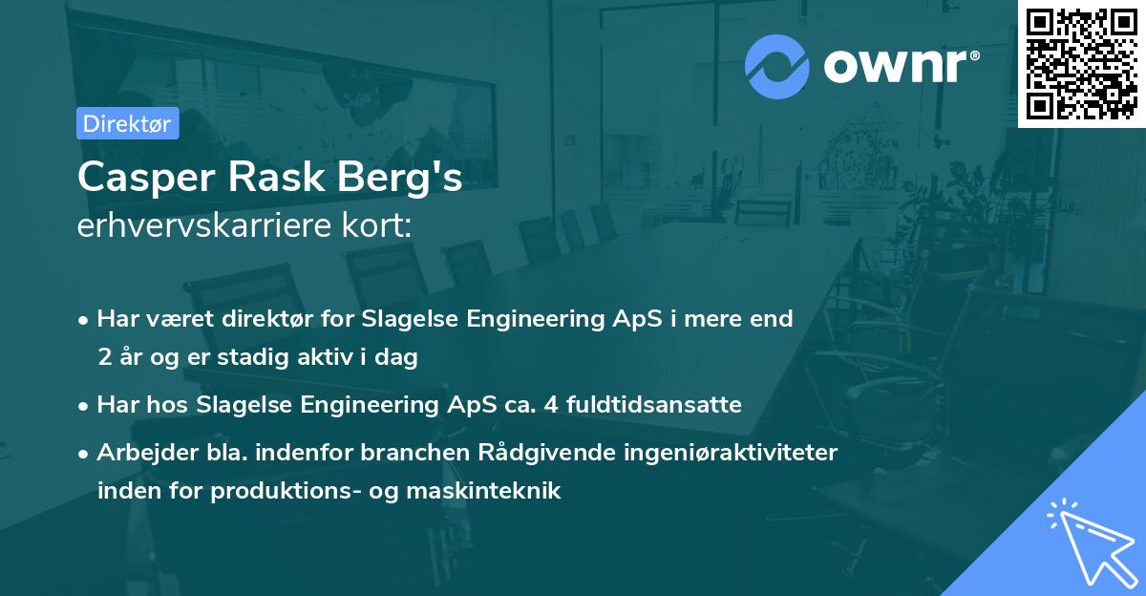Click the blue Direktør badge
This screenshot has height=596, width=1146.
127,123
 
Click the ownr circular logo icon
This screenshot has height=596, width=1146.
777,66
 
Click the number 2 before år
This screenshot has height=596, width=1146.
103,358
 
